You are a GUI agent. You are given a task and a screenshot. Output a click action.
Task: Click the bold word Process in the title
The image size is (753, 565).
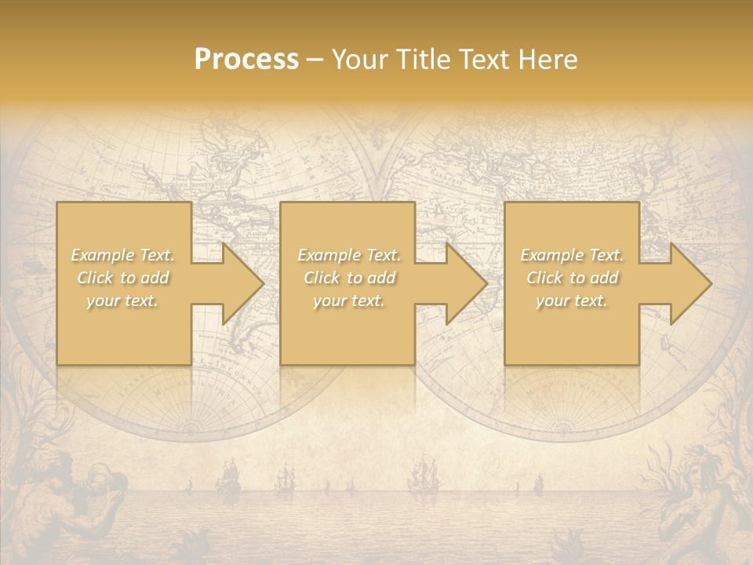pos(246,60)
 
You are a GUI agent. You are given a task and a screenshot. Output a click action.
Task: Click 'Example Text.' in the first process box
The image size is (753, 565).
pos(122,255)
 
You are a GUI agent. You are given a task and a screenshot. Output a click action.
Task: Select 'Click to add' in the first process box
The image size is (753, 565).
pos(122,278)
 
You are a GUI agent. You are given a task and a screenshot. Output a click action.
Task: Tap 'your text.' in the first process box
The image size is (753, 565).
pos(122,301)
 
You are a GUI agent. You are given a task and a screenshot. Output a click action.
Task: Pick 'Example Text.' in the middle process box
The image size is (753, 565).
pos(349,255)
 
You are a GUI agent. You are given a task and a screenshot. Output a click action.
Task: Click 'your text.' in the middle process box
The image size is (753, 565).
pos(349,301)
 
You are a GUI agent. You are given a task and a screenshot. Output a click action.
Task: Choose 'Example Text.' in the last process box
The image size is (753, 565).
pos(572,255)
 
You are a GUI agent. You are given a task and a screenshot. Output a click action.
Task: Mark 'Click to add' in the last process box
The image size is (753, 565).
pos(572,278)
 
